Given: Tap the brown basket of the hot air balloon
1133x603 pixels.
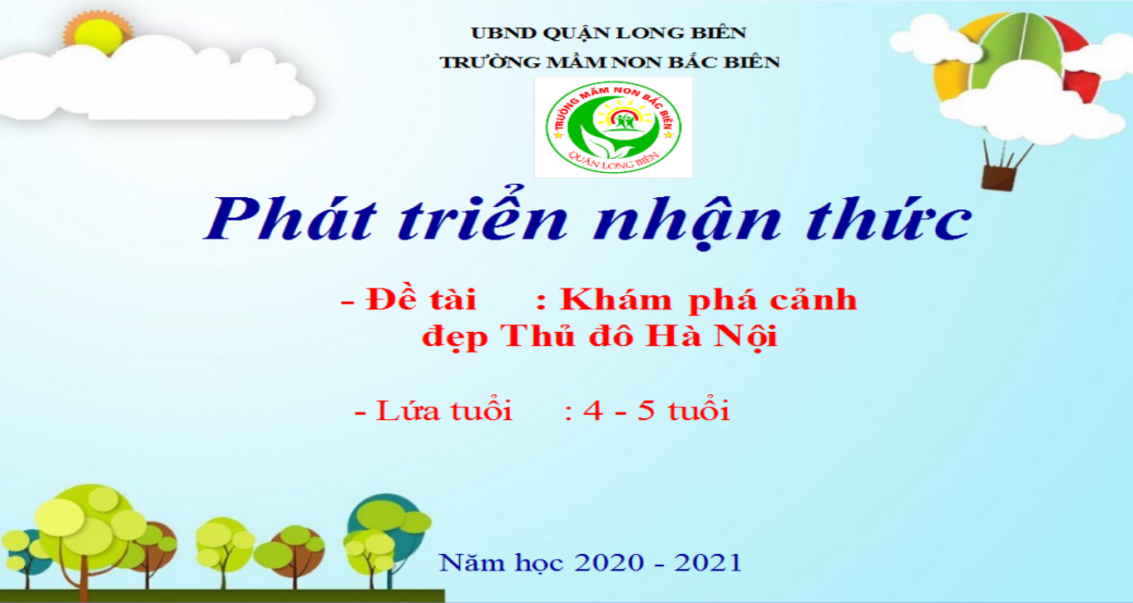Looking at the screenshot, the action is [999, 178].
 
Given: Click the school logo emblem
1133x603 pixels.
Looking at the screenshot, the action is [614, 127].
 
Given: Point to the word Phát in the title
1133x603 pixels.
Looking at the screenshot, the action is [291, 218].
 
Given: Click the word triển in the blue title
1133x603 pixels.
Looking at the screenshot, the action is [483, 214].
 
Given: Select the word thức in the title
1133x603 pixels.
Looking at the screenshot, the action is [888, 218].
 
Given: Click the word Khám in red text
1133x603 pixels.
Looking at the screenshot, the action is [616, 299].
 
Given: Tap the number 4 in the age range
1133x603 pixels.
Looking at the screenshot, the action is [593, 410].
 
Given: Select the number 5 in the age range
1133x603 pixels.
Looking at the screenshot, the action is [646, 410].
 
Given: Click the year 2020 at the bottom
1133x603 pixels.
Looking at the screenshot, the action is [609, 562].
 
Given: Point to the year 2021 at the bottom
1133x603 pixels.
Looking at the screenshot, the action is [708, 562].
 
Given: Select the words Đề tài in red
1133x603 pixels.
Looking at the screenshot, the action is [421, 299].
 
